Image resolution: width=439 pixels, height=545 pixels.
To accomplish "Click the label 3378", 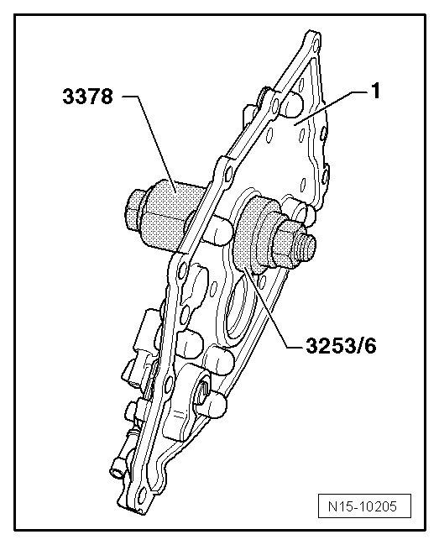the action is [x=87, y=97].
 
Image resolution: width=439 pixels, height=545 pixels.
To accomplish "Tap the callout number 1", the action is [x=375, y=91].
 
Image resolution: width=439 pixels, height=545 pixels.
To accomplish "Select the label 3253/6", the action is [x=341, y=346].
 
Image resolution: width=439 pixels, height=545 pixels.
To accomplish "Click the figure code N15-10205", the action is [x=364, y=506].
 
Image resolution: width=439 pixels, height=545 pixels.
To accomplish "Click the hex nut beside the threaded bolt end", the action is [x=285, y=244].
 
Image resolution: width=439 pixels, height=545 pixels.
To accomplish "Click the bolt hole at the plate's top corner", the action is [x=316, y=45].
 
